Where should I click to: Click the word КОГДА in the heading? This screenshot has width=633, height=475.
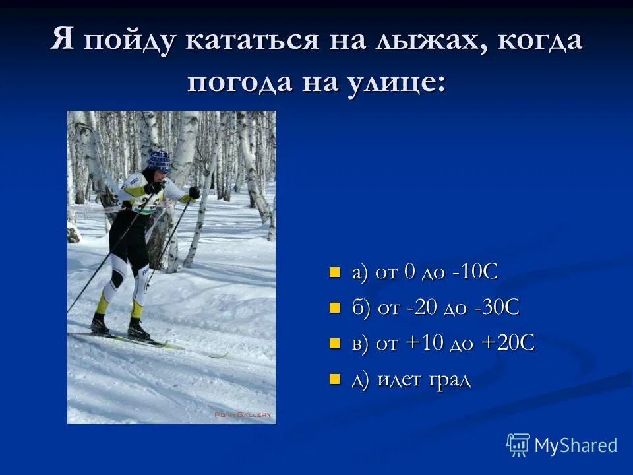coord(541,41)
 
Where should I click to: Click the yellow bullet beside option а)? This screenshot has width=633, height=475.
coord(334,272)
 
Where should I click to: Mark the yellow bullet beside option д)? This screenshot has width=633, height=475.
coord(334,379)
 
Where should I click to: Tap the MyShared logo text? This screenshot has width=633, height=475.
coord(576,445)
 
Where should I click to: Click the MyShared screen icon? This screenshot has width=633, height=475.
coord(518,445)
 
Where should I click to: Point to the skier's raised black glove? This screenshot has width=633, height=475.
coord(194,193)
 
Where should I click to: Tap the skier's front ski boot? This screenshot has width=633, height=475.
coord(138,329)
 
